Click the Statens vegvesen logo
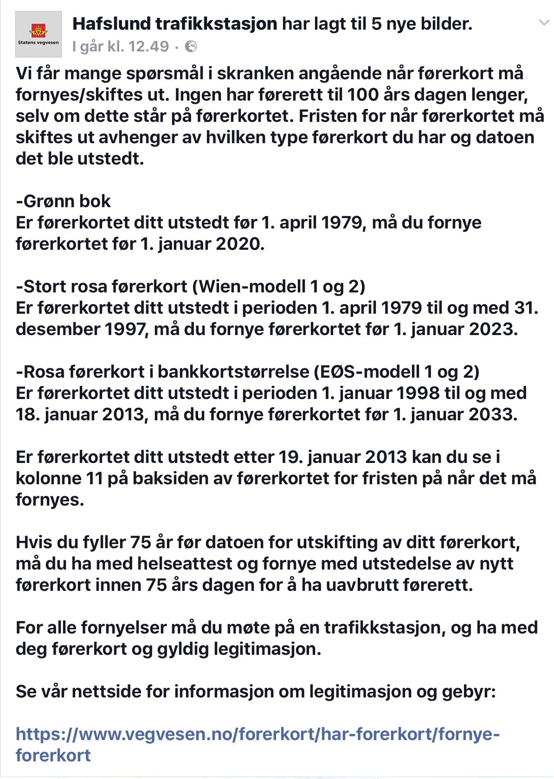39,34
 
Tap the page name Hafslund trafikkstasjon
174,24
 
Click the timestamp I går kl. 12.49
121,46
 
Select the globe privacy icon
191,46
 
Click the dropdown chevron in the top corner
543,23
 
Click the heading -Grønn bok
63,201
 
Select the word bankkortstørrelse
233,372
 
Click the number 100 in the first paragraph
366,95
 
